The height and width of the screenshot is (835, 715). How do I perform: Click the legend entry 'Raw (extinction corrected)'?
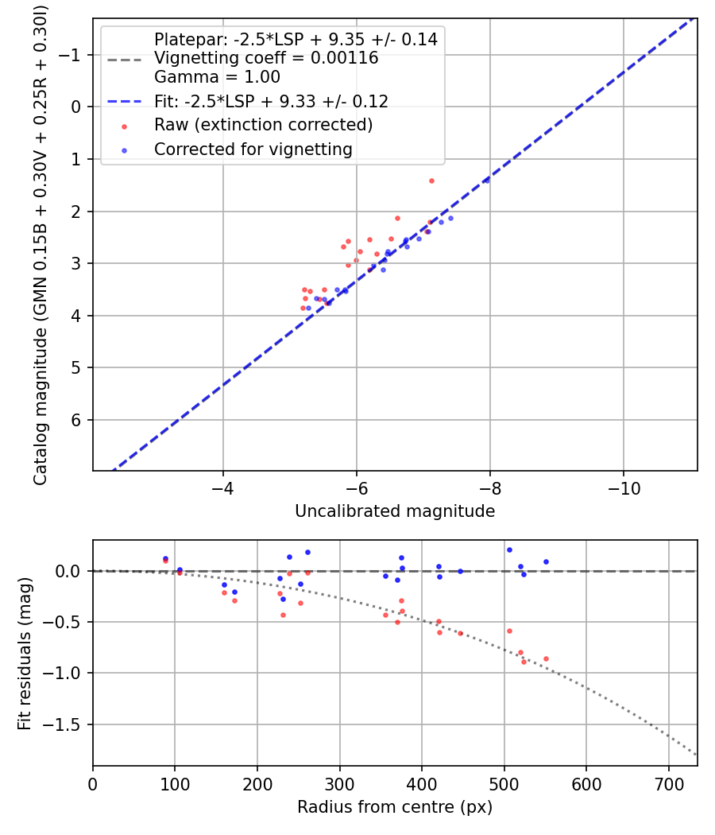click(x=263, y=125)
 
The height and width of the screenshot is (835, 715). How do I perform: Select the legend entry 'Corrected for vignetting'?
click(x=253, y=149)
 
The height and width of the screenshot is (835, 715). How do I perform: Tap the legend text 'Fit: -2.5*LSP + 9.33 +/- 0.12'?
click(x=271, y=101)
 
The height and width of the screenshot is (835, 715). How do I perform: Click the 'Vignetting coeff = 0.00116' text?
click(x=266, y=58)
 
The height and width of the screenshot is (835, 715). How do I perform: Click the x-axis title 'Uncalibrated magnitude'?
click(x=395, y=511)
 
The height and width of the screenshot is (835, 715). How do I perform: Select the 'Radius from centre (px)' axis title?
click(x=395, y=807)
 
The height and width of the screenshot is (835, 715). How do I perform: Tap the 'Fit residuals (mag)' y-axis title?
click(x=25, y=653)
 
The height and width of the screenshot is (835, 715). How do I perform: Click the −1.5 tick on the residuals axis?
click(x=67, y=724)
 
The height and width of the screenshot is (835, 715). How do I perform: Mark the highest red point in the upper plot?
click(x=431, y=181)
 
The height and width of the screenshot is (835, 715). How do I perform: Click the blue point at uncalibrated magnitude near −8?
click(x=486, y=181)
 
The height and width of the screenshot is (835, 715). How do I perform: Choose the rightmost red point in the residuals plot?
click(x=546, y=658)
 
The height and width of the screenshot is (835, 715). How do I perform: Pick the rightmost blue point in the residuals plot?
click(x=546, y=561)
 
